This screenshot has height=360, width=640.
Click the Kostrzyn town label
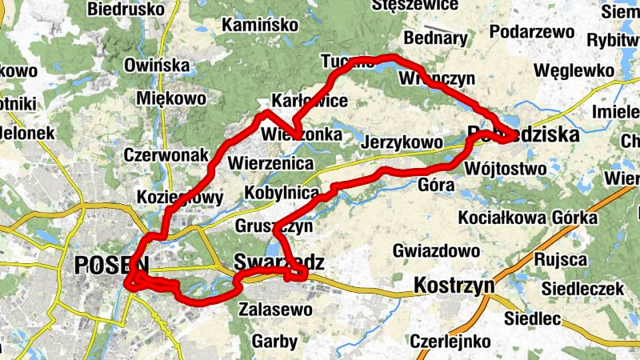[454, 286]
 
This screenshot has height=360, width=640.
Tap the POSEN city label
[111, 266]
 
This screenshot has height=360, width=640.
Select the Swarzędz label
[280, 262]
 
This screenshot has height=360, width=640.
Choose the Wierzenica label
[270, 163]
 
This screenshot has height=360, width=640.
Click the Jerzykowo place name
[402, 143]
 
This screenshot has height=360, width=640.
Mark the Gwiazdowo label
[430, 251]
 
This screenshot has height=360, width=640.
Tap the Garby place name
[274, 342]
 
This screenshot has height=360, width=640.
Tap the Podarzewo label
[534, 32]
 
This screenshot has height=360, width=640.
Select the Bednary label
[436, 38]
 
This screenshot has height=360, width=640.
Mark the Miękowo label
[172, 98]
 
